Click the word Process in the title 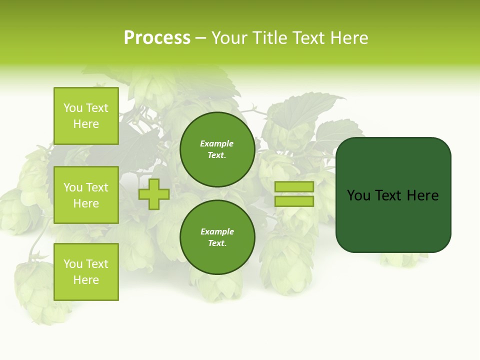click(157, 38)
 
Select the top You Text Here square click(86, 116)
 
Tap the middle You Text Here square click(86, 195)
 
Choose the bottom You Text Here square click(86, 272)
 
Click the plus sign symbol click(154, 194)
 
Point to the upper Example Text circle click(217, 149)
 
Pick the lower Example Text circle click(217, 237)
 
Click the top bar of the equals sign click(294, 186)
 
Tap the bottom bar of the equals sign click(294, 201)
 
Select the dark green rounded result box click(393, 195)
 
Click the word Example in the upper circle click(217, 144)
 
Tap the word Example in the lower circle click(217, 232)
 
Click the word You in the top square click(73, 108)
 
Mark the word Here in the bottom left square click(86, 280)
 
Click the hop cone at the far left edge click(15, 212)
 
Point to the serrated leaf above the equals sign click(305, 112)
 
